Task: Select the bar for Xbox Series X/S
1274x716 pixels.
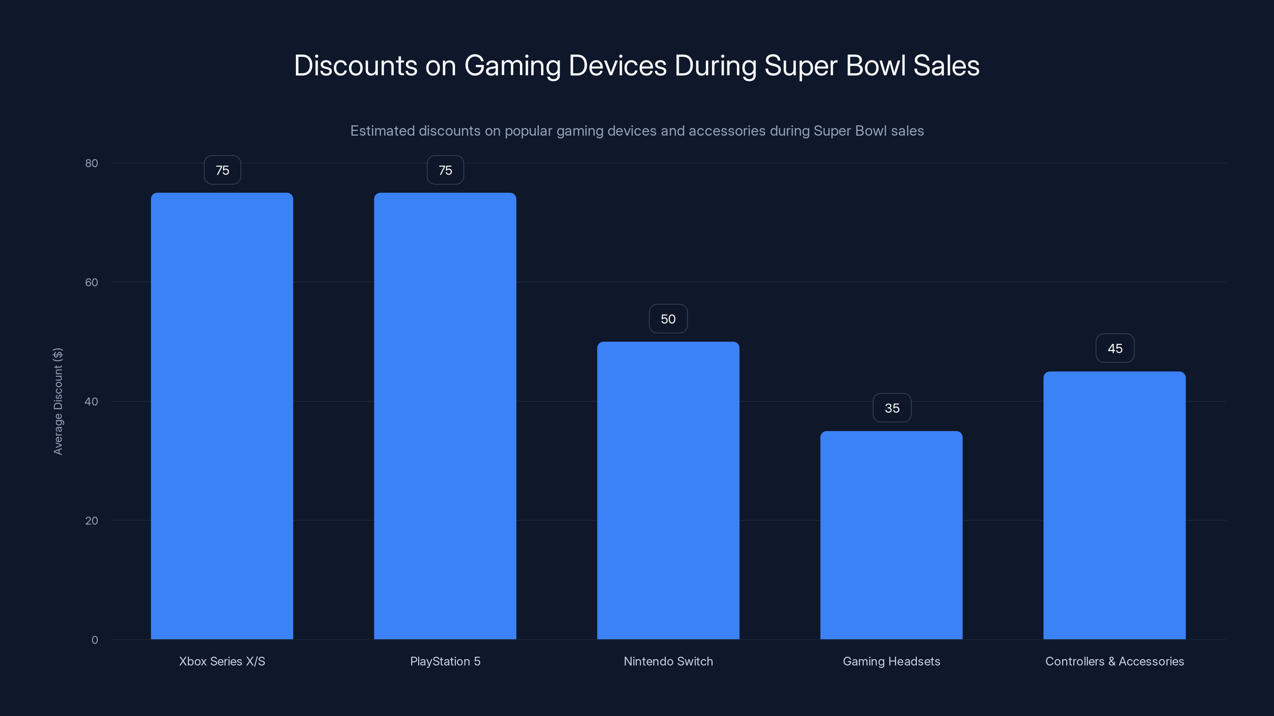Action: pyautogui.click(x=222, y=416)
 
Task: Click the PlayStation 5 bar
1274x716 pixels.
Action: pyautogui.click(x=445, y=416)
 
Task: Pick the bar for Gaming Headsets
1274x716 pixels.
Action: pyautogui.click(x=891, y=535)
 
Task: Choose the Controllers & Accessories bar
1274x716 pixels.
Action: pyautogui.click(x=1114, y=505)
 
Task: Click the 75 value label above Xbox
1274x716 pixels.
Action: pyautogui.click(x=222, y=170)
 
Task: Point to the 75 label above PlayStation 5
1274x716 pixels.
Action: pyautogui.click(x=445, y=170)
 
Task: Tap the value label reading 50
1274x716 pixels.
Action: pyautogui.click(x=668, y=319)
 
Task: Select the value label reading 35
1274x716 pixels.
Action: pyautogui.click(x=892, y=408)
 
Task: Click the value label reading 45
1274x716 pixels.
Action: pyautogui.click(x=1115, y=348)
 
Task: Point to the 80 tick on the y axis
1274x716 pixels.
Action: pyautogui.click(x=92, y=163)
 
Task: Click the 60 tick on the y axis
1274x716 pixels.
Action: pyautogui.click(x=92, y=282)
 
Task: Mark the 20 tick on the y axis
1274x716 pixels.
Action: pyautogui.click(x=92, y=520)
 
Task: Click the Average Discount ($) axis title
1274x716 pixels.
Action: pyautogui.click(x=58, y=401)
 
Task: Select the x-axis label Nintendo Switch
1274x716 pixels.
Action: pyautogui.click(x=668, y=661)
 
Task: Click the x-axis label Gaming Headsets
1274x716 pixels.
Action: pyautogui.click(x=891, y=661)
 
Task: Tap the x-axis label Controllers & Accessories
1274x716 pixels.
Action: pyautogui.click(x=1114, y=661)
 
